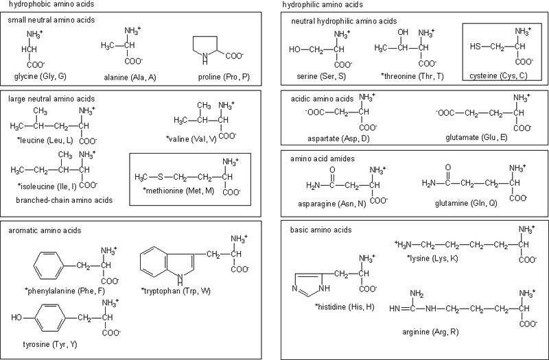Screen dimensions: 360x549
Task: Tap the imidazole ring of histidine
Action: point(305,283)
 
